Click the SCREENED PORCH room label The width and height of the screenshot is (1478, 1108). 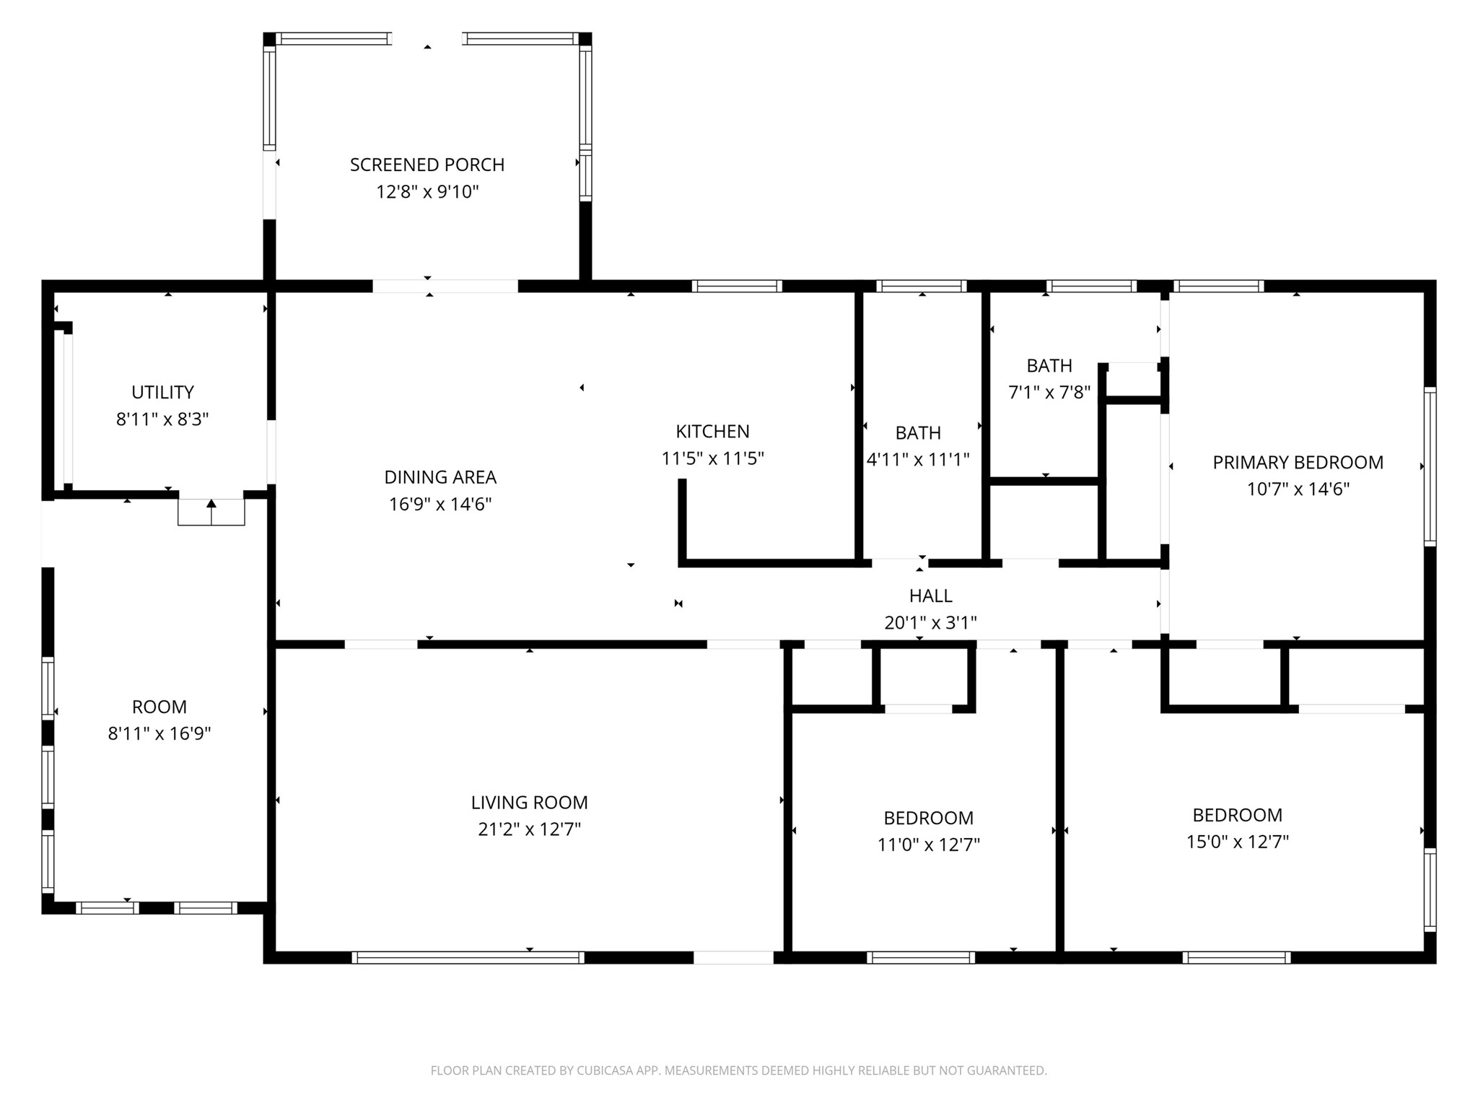click(427, 165)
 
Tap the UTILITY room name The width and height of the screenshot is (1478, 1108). click(162, 393)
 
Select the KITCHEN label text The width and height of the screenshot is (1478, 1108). click(712, 432)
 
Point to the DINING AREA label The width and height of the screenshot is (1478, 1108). click(440, 477)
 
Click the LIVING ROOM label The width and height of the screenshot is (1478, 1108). click(530, 803)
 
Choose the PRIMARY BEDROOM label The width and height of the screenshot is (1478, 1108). click(1298, 463)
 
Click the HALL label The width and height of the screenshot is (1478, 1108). click(931, 596)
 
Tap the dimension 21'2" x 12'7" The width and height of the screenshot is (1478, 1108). click(530, 829)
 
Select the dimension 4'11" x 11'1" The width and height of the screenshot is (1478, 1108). click(918, 460)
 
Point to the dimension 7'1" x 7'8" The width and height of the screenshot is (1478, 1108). click(1049, 393)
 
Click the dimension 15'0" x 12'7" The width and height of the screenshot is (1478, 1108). click(1238, 842)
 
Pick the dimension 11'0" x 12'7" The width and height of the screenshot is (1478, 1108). click(929, 845)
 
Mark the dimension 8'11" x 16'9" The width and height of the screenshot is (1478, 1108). click(159, 734)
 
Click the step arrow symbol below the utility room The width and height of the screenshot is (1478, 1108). click(211, 512)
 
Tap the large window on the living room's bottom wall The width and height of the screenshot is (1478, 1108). click(468, 958)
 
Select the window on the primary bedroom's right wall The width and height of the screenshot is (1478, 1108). click(1430, 466)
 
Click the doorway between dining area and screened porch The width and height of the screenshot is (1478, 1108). click(445, 287)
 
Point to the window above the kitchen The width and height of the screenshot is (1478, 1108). click(737, 287)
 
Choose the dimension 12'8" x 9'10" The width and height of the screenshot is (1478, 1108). click(427, 192)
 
